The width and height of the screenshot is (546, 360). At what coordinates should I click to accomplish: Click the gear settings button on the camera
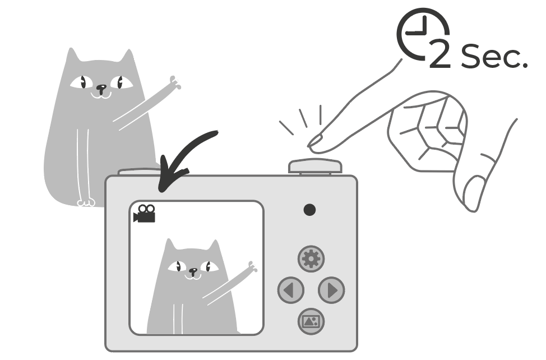[311, 259]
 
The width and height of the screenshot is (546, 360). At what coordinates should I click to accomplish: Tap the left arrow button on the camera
[291, 290]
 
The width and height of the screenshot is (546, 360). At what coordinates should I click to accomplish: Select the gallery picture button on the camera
[311, 321]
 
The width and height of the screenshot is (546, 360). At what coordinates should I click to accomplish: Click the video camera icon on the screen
[145, 214]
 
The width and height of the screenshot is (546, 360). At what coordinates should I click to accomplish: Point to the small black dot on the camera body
[309, 210]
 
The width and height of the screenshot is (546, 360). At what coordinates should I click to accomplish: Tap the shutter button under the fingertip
[315, 166]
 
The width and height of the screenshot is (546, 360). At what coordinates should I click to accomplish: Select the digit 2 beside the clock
[440, 54]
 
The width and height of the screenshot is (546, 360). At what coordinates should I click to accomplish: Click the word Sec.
[494, 56]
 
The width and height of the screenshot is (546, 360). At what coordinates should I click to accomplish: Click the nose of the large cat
[101, 87]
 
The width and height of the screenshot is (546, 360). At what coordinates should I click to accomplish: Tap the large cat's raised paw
[175, 82]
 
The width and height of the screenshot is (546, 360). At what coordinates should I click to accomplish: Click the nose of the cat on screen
[193, 270]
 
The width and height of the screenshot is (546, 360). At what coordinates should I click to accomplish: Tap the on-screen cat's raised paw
[252, 266]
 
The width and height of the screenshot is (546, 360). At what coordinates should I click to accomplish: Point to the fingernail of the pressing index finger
[314, 141]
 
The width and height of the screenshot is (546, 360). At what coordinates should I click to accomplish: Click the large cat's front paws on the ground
[86, 202]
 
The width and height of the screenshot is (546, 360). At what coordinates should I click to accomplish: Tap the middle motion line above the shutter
[303, 118]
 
